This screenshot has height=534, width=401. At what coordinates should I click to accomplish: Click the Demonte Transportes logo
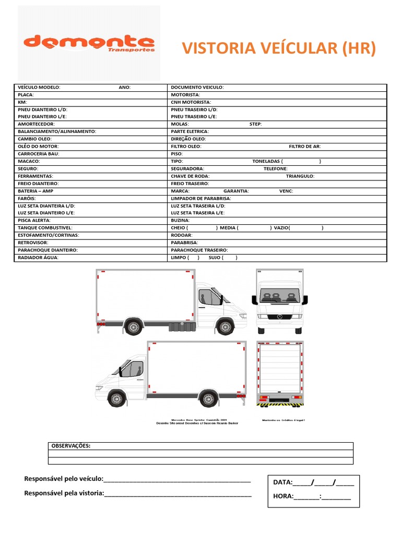click(89, 43)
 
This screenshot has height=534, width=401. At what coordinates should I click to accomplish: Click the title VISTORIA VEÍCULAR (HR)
click(278, 48)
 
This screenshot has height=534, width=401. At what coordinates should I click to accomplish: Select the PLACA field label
click(26, 95)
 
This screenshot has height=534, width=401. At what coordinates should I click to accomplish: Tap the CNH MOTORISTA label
click(191, 102)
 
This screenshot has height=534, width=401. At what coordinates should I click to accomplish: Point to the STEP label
click(256, 124)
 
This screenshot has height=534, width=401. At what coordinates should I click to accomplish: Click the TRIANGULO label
click(300, 176)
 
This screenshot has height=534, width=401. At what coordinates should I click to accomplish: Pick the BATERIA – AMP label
click(36, 191)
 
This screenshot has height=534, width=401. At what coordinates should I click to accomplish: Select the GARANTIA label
click(236, 191)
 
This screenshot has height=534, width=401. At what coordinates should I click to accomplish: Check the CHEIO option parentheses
click(202, 228)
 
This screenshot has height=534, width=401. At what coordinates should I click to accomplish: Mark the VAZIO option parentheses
click(306, 228)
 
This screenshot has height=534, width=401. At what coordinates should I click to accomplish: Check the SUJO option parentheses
click(230, 258)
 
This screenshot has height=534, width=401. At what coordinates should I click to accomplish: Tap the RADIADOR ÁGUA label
click(38, 258)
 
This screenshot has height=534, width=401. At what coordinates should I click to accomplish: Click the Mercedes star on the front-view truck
click(279, 317)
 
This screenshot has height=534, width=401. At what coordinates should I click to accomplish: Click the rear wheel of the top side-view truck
click(133, 327)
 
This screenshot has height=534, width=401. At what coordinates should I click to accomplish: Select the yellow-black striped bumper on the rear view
click(280, 404)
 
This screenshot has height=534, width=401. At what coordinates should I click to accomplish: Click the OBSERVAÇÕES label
click(70, 446)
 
